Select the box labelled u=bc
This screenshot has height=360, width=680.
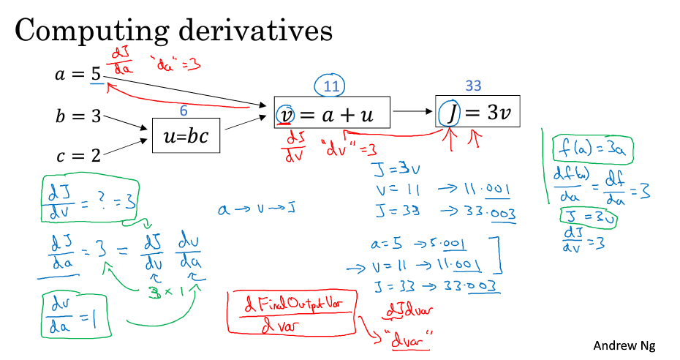pyautogui.click(x=186, y=135)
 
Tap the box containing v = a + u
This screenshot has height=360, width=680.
pyautogui.click(x=332, y=113)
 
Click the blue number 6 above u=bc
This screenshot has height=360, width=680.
pyautogui.click(x=185, y=110)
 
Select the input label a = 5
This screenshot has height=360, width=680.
pyautogui.click(x=78, y=74)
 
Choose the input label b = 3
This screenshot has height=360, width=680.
pyautogui.click(x=78, y=116)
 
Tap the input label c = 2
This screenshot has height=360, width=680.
pyautogui.click(x=78, y=156)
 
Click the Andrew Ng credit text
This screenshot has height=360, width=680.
pyautogui.click(x=624, y=344)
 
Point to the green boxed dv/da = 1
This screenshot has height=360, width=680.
pyautogui.click(x=76, y=315)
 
